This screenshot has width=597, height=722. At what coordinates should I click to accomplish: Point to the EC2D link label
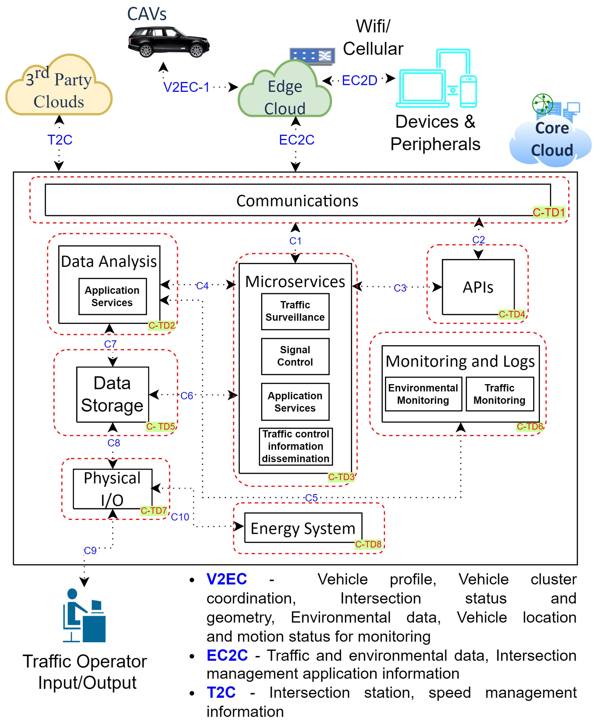[x=359, y=80]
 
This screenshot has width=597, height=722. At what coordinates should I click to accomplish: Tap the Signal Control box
[x=295, y=356]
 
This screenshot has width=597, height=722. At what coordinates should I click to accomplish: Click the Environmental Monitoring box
[x=423, y=394]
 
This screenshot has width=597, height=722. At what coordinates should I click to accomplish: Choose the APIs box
[x=478, y=287]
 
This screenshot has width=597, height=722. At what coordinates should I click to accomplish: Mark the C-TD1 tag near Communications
[x=549, y=212]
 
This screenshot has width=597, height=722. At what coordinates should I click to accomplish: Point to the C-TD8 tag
[x=368, y=544]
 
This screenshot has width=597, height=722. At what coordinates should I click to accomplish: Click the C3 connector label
[x=400, y=288]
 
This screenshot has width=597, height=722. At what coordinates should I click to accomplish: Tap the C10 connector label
[x=180, y=517]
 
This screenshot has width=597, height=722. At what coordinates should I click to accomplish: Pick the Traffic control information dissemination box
[x=295, y=446]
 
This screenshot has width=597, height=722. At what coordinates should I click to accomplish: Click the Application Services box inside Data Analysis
[x=112, y=296]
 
